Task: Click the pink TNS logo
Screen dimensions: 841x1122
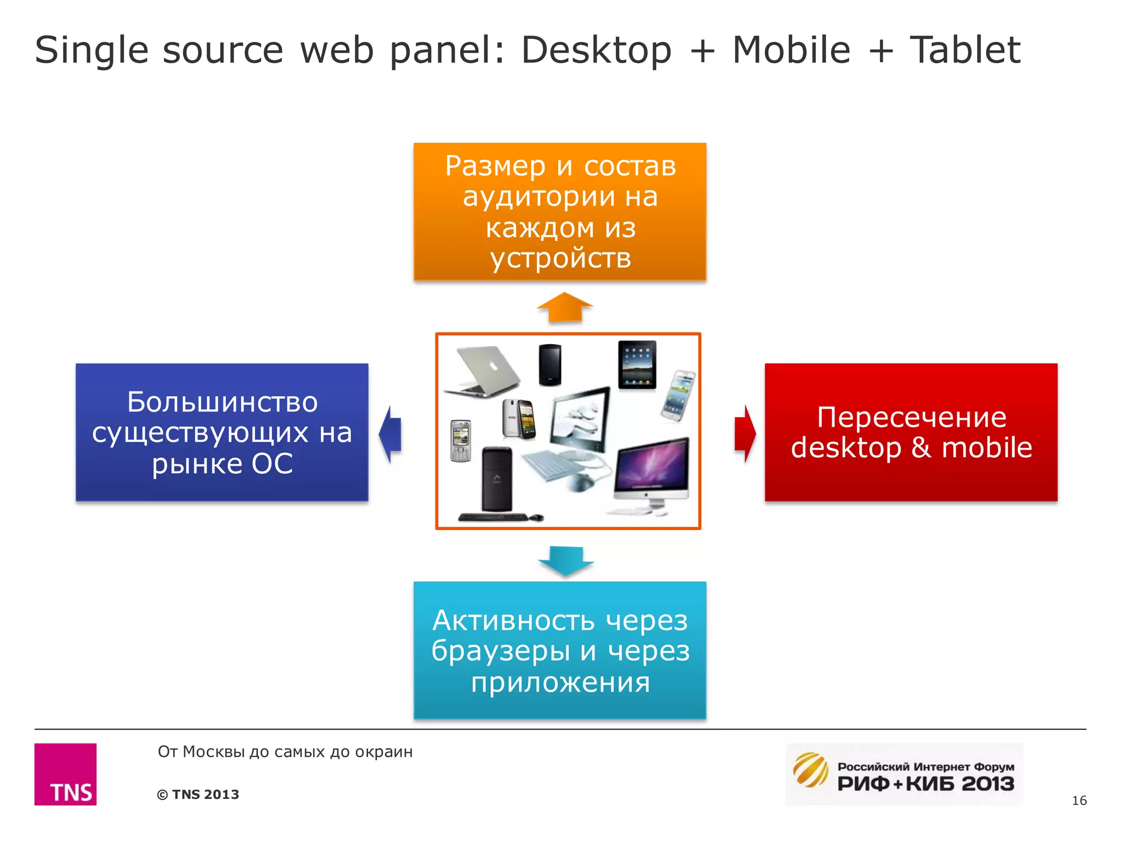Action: point(65,774)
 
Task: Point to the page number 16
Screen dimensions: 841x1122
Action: point(1079,800)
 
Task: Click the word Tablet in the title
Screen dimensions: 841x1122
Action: point(965,50)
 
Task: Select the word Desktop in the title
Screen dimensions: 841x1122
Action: point(596,50)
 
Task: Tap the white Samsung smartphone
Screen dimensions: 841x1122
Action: point(678,395)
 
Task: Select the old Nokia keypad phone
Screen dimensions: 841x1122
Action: point(460,441)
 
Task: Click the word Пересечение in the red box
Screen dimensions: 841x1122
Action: point(911,417)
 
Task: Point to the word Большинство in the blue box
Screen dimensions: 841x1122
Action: point(222,402)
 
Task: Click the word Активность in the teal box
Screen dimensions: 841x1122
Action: point(513,620)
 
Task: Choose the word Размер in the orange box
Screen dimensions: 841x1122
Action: point(495,166)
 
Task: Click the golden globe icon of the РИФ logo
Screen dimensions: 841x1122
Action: point(810,769)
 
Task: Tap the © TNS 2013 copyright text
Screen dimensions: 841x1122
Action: point(198,794)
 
